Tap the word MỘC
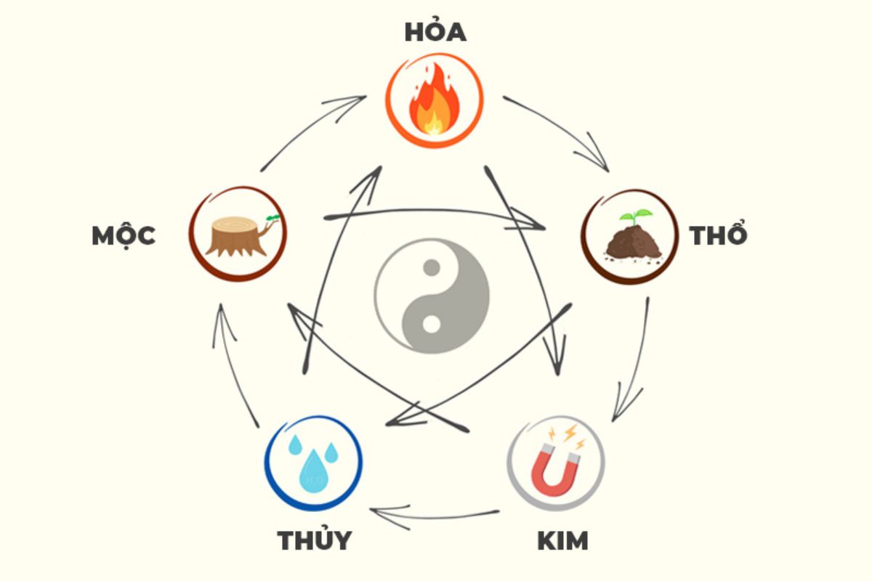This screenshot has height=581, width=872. click(x=124, y=236)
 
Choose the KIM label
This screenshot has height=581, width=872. click(x=562, y=540)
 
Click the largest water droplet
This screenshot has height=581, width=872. click(x=313, y=471)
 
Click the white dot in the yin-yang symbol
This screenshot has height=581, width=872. click(x=432, y=325)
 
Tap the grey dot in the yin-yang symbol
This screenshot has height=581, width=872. click(x=432, y=268)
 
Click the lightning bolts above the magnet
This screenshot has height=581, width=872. click(x=568, y=435)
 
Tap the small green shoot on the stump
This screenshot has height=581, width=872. click(x=273, y=219)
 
